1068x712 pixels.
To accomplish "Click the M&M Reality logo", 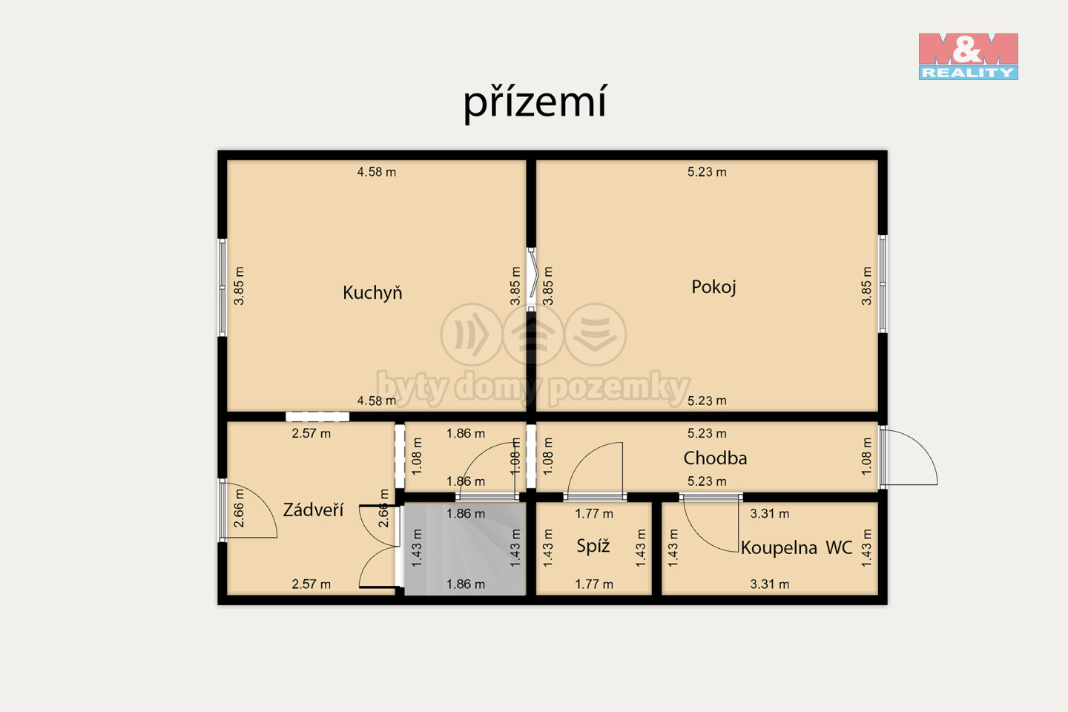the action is [969, 56].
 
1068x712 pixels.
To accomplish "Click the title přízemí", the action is [535, 102].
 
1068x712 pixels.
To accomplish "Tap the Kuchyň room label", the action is [372, 292].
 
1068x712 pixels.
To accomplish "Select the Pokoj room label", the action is [713, 287].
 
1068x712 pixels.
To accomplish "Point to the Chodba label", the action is [715, 458].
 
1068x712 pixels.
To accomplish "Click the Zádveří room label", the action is [313, 510].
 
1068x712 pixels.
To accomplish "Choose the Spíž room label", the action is [593, 546].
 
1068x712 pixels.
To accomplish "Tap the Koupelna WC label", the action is [797, 547].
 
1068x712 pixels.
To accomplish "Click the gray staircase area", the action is [465, 549].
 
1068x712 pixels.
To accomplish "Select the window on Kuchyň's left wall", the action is [222, 287].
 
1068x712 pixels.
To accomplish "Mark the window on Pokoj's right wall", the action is [883, 284].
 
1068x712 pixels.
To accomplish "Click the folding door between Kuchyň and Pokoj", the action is [532, 280].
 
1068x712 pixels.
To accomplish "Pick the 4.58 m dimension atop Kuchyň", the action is [377, 171].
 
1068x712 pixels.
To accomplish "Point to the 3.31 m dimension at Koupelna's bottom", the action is [770, 584].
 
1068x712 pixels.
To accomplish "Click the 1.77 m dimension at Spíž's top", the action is [594, 514].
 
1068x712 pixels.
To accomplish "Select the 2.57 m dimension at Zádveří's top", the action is [311, 433].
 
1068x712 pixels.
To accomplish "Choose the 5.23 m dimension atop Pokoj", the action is [707, 171].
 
